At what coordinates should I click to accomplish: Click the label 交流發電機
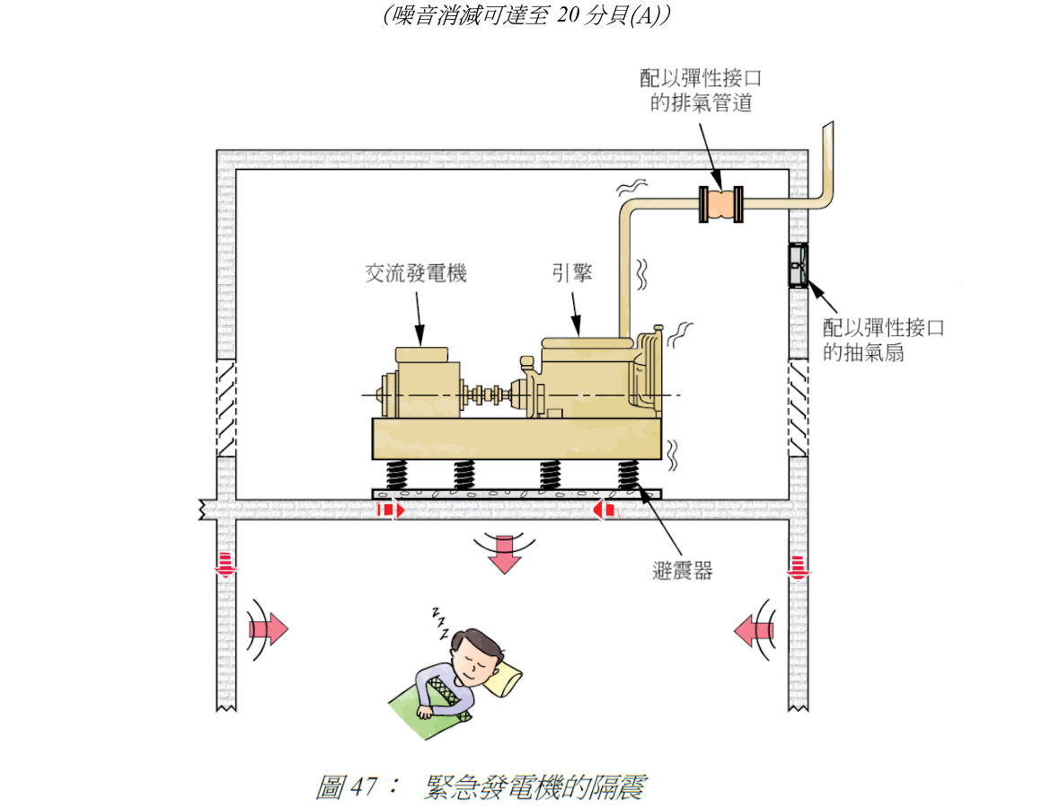[416, 274]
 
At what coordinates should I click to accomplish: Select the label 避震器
[684, 569]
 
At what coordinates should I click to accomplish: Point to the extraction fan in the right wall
[798, 265]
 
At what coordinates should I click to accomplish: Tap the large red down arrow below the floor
[505, 553]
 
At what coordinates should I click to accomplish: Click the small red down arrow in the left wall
[225, 565]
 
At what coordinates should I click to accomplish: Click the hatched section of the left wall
[225, 409]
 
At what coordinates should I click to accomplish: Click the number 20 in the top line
[569, 15]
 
